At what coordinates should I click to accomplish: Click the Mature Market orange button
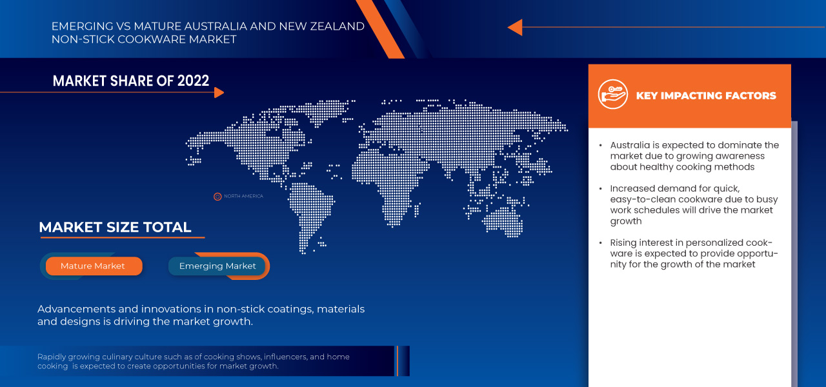[x=94, y=266]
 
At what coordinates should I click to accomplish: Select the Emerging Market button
[x=217, y=266]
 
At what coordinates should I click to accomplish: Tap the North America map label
[x=243, y=196]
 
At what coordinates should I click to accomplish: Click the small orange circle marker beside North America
[x=217, y=196]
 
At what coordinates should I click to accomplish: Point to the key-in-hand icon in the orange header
[x=612, y=95]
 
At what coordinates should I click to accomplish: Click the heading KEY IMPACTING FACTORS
[x=706, y=95]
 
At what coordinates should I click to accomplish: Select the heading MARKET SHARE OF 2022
[x=131, y=81]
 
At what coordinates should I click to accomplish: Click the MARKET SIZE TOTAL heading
[x=115, y=227]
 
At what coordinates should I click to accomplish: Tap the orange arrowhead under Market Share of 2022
[x=219, y=92]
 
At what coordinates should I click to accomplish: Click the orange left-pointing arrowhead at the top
[x=514, y=27]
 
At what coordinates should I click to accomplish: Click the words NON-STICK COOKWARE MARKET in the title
[x=144, y=39]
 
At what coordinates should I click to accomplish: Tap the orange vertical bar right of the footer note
[x=398, y=361]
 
